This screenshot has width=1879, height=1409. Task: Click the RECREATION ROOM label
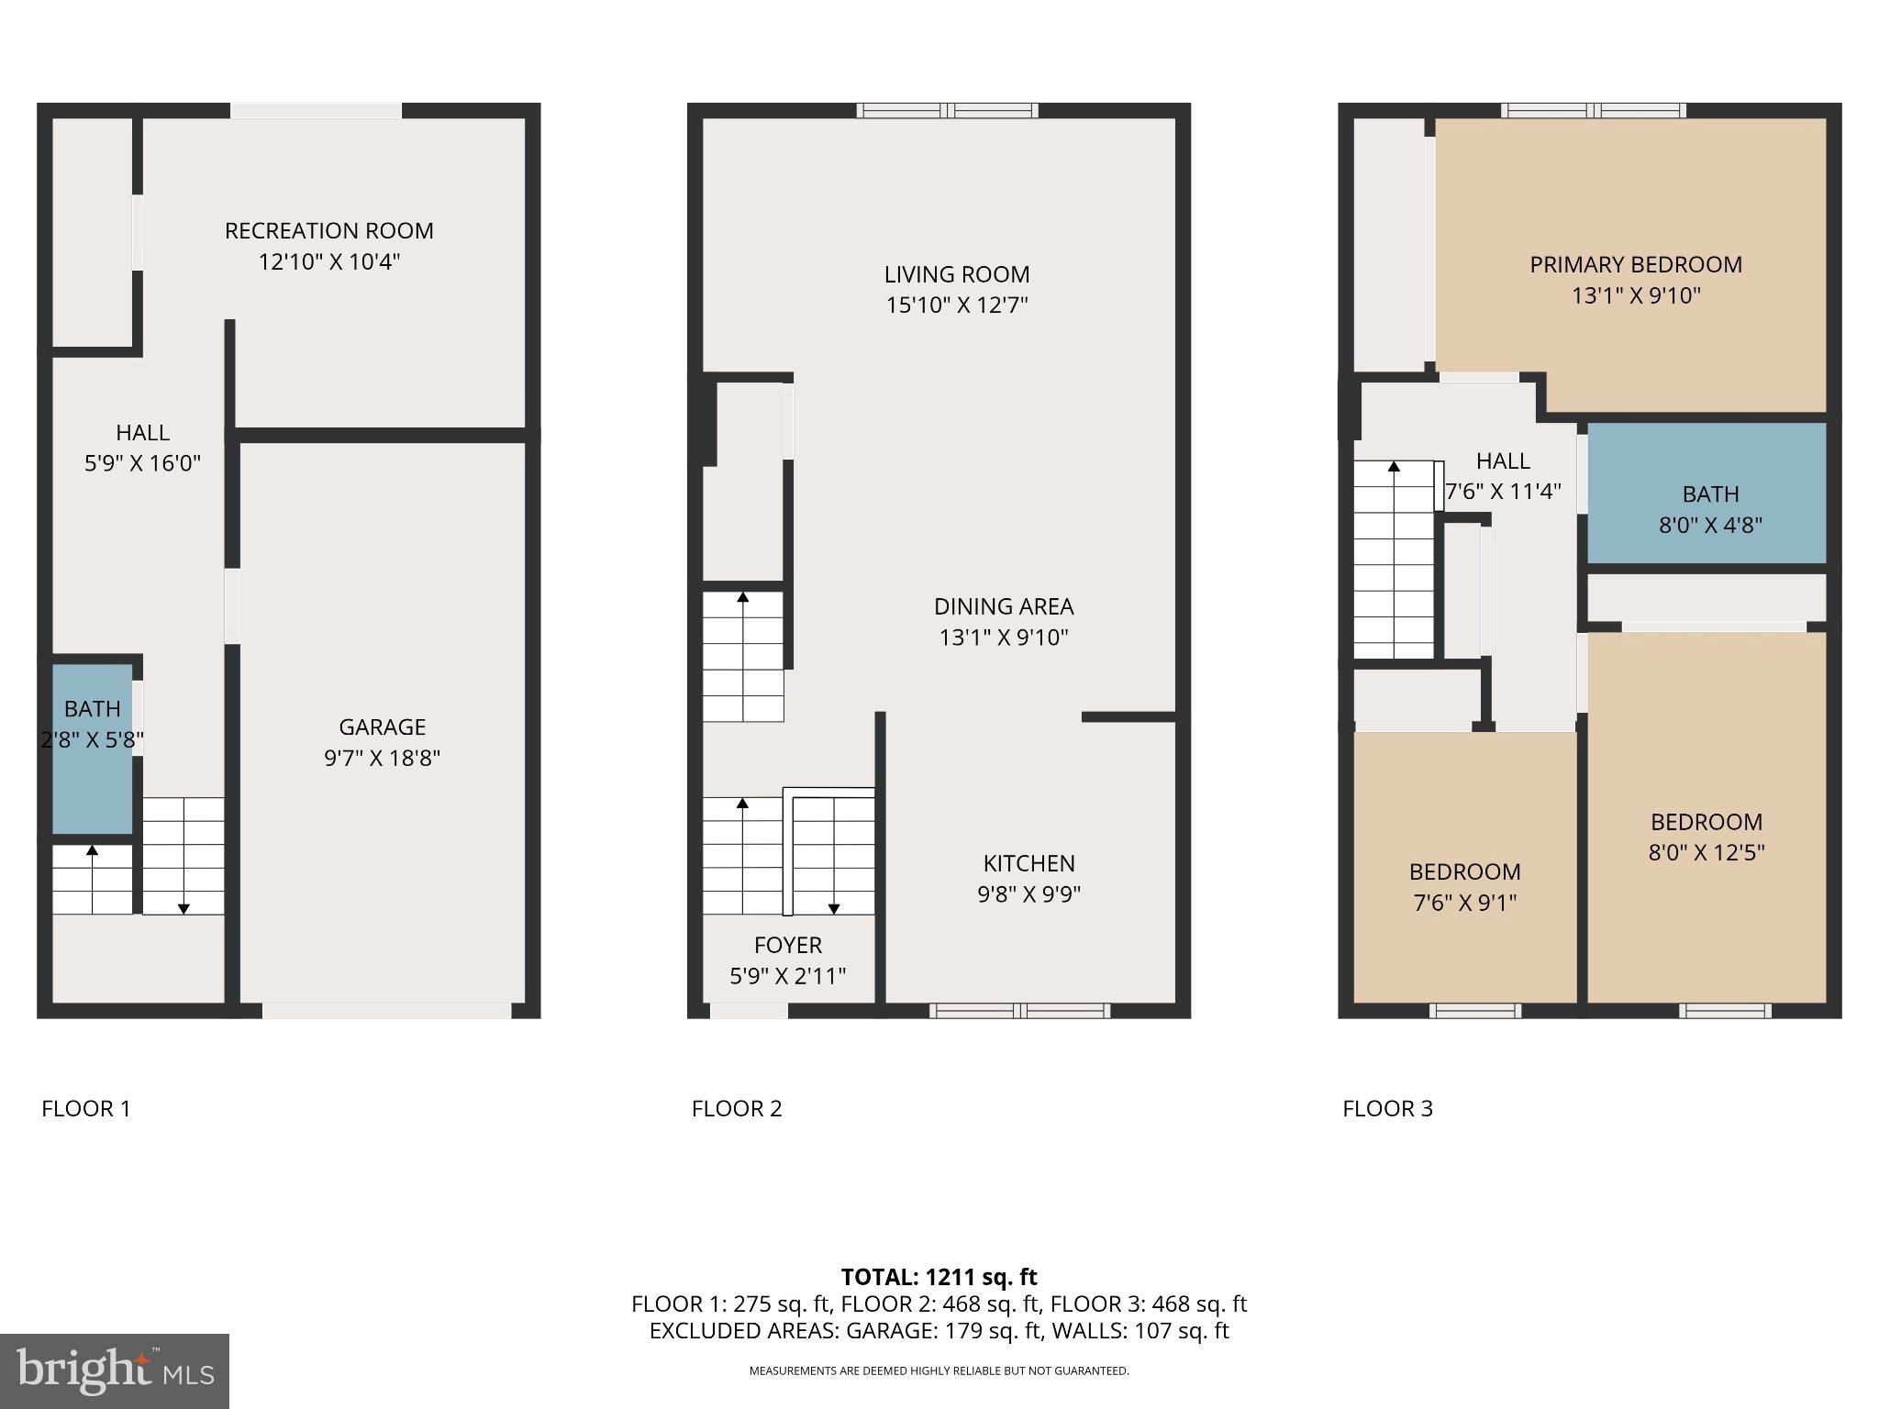[x=328, y=230]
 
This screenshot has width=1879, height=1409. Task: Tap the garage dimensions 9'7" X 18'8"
[x=382, y=758]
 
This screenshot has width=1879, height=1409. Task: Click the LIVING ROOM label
[x=956, y=274]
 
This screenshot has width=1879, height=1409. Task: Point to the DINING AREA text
[x=1003, y=606]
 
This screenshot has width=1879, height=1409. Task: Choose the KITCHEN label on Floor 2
[x=1028, y=863]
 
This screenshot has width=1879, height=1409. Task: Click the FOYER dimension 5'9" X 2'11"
[x=787, y=976]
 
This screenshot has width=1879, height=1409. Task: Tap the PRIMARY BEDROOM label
[x=1635, y=265]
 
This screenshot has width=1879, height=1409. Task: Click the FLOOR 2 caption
[x=737, y=1108]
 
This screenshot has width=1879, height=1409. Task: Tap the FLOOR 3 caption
[x=1387, y=1108]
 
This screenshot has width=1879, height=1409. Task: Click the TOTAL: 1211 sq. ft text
[x=939, y=1277]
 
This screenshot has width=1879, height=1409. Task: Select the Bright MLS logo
[x=115, y=1371]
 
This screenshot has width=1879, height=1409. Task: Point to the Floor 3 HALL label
[x=1503, y=460]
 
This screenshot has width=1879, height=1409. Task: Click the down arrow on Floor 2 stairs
[x=834, y=907]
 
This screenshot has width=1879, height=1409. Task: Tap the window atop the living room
[x=948, y=111]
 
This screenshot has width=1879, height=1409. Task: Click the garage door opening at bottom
[x=386, y=1011]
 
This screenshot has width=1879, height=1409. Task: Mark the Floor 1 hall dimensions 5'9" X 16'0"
[x=142, y=463]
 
